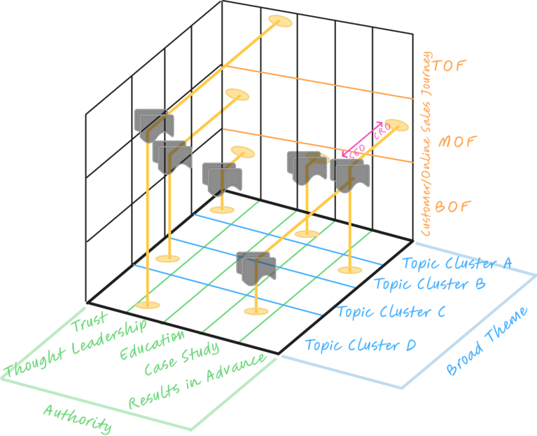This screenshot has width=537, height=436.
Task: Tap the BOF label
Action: [455, 207]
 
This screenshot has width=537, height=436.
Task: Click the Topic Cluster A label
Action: [457, 264]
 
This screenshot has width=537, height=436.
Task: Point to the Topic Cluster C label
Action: [391, 312]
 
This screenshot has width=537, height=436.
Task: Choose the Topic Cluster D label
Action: [361, 345]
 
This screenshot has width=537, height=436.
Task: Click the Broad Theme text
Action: [487, 341]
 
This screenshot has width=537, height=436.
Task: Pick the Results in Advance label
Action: [197, 381]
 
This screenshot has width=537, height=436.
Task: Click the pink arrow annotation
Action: [365, 140]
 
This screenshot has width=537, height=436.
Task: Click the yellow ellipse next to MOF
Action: [396, 125]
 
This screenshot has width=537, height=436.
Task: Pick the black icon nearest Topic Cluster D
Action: [256, 268]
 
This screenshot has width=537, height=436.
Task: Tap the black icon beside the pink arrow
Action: [350, 175]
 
